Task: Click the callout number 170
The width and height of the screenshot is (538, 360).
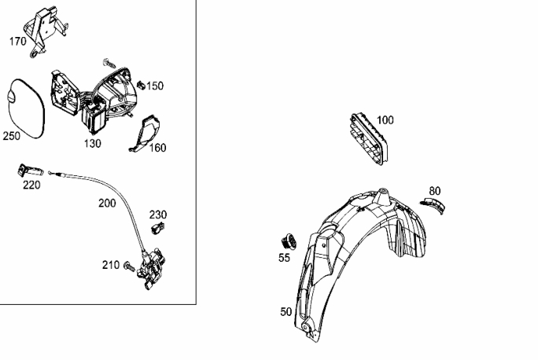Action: tap(18, 42)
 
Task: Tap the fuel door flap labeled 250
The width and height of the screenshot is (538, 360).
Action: tap(26, 108)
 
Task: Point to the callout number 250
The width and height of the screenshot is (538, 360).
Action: tap(12, 136)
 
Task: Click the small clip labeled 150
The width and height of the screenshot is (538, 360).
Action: tap(140, 85)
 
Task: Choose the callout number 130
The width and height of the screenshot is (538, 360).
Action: tap(93, 143)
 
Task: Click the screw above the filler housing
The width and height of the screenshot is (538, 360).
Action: tap(109, 64)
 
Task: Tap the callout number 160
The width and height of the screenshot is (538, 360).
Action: tap(158, 148)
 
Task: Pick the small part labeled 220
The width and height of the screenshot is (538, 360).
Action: tap(30, 171)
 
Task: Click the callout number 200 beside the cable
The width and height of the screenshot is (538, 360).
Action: tap(107, 204)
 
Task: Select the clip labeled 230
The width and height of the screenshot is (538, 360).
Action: tap(158, 227)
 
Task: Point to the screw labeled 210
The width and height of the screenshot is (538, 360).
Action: tap(130, 266)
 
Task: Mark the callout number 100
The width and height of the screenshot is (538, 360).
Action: tap(385, 120)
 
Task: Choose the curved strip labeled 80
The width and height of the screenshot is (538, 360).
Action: tap(433, 205)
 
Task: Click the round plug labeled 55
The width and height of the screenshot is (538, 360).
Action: tap(289, 241)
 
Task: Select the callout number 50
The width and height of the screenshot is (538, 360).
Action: tap(286, 312)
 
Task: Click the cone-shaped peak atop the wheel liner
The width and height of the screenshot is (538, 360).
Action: tap(382, 197)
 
